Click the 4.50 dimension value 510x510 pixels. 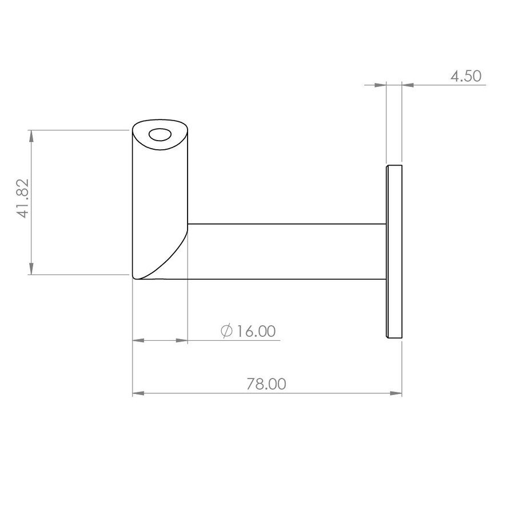pyautogui.click(x=466, y=76)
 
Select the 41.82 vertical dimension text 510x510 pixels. pyautogui.click(x=24, y=198)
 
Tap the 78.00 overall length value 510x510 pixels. pyautogui.click(x=266, y=384)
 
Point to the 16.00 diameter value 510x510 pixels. pyautogui.click(x=256, y=331)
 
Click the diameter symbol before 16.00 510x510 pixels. pyautogui.click(x=226, y=331)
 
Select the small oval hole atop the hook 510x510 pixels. pyautogui.click(x=160, y=135)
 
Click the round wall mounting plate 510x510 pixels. pyautogui.click(x=394, y=252)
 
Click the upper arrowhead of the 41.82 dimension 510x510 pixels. pyautogui.click(x=31, y=136)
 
